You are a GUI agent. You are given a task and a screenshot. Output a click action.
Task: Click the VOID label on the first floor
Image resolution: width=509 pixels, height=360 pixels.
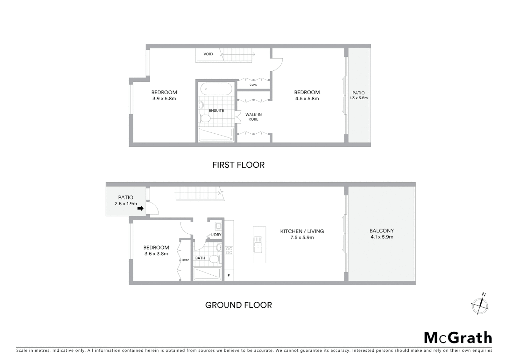point(208,54)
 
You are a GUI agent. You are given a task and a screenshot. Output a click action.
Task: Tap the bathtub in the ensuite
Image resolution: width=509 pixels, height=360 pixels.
point(216,89)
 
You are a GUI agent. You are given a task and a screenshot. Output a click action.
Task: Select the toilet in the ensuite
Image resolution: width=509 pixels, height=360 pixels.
point(205,118)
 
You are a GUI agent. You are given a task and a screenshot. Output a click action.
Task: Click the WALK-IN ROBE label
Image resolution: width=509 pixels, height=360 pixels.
point(254,117)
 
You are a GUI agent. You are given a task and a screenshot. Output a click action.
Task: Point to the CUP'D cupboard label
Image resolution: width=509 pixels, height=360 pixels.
point(253,85)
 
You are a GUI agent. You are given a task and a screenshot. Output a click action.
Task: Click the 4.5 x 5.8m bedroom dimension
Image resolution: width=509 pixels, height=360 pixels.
point(307,99)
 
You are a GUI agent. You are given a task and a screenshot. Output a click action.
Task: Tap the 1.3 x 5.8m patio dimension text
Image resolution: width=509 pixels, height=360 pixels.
point(359,98)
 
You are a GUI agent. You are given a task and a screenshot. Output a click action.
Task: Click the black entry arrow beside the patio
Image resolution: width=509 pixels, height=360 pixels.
point(141,208)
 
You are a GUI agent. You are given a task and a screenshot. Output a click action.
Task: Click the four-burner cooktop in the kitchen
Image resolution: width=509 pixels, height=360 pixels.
point(229,250)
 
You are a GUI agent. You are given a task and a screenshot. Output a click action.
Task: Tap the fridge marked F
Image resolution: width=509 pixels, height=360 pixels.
point(229,276)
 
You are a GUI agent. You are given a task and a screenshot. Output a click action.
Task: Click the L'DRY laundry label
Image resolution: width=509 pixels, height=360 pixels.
point(216,235)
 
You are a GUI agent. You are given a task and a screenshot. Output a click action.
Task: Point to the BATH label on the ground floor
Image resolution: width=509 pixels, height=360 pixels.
point(200,258)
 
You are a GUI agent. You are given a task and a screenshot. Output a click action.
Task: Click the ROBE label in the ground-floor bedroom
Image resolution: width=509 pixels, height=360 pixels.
point(186,260)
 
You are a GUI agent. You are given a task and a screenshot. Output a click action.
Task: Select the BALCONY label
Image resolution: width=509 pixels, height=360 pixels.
point(382,231)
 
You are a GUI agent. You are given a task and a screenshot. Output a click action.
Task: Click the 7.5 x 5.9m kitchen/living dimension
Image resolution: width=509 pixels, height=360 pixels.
point(302,238)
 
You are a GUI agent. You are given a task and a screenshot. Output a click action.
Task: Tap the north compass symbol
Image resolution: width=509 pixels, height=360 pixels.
point(480,304)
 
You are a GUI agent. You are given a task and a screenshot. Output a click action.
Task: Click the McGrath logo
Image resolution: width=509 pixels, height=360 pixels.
point(458,338)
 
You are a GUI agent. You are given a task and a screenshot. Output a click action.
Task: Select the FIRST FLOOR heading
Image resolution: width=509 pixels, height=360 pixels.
point(239,165)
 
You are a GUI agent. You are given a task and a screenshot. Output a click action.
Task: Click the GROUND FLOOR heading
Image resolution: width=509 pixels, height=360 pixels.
point(239,305)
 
